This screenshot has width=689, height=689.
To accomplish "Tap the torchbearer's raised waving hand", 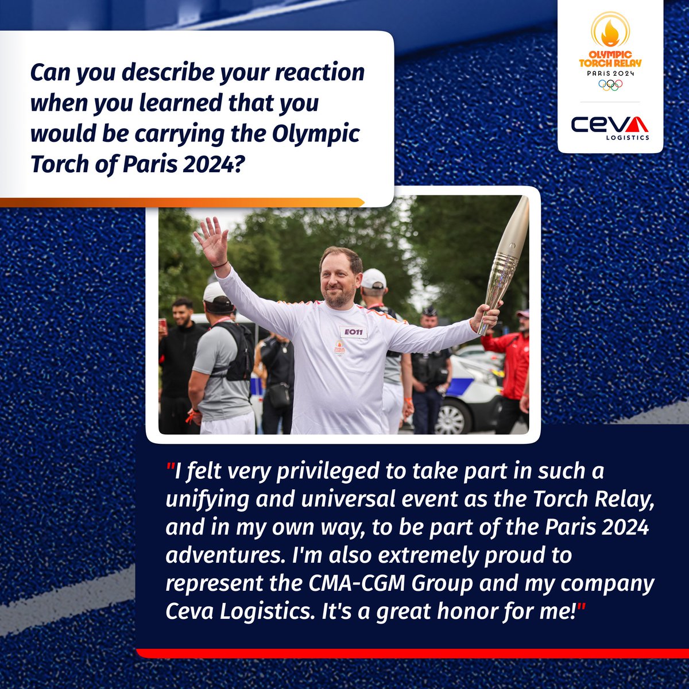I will click(211, 241).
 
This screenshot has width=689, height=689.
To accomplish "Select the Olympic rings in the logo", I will click(610, 84).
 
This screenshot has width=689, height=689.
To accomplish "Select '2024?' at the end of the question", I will click(213, 164).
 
